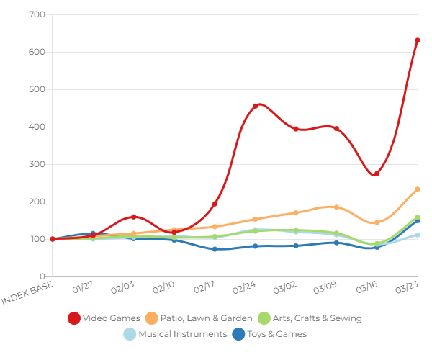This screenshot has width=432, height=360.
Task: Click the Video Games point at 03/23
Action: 417,40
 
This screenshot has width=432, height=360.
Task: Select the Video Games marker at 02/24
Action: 255,106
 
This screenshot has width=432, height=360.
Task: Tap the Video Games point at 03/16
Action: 377,174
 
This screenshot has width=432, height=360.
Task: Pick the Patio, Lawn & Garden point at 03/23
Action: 417,189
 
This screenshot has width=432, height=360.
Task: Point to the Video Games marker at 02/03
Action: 133,217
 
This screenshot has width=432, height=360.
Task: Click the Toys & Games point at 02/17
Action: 215,249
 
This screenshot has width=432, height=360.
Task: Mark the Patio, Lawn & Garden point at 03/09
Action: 336,207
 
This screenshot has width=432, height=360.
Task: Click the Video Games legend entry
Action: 104,318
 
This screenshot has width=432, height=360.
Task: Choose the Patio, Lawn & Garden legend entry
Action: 199,318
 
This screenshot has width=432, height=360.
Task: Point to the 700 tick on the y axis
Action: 38,14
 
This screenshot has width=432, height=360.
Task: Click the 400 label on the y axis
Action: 38,127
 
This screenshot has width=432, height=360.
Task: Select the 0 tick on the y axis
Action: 42,276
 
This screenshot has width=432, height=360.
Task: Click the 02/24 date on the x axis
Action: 246,288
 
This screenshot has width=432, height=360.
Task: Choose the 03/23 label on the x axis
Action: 408,288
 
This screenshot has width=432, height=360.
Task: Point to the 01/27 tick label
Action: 84,288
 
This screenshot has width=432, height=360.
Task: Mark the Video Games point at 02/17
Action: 215,204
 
